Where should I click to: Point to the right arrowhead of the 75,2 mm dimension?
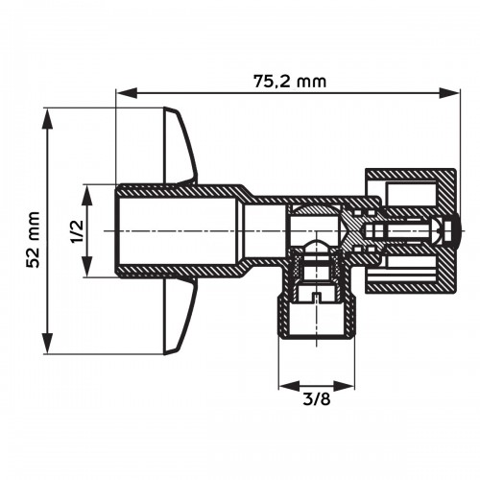(x=450, y=93)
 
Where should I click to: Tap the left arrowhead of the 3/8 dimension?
(x=284, y=386)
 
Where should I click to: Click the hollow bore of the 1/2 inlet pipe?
(x=178, y=231)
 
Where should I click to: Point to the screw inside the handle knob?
(x=408, y=231)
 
